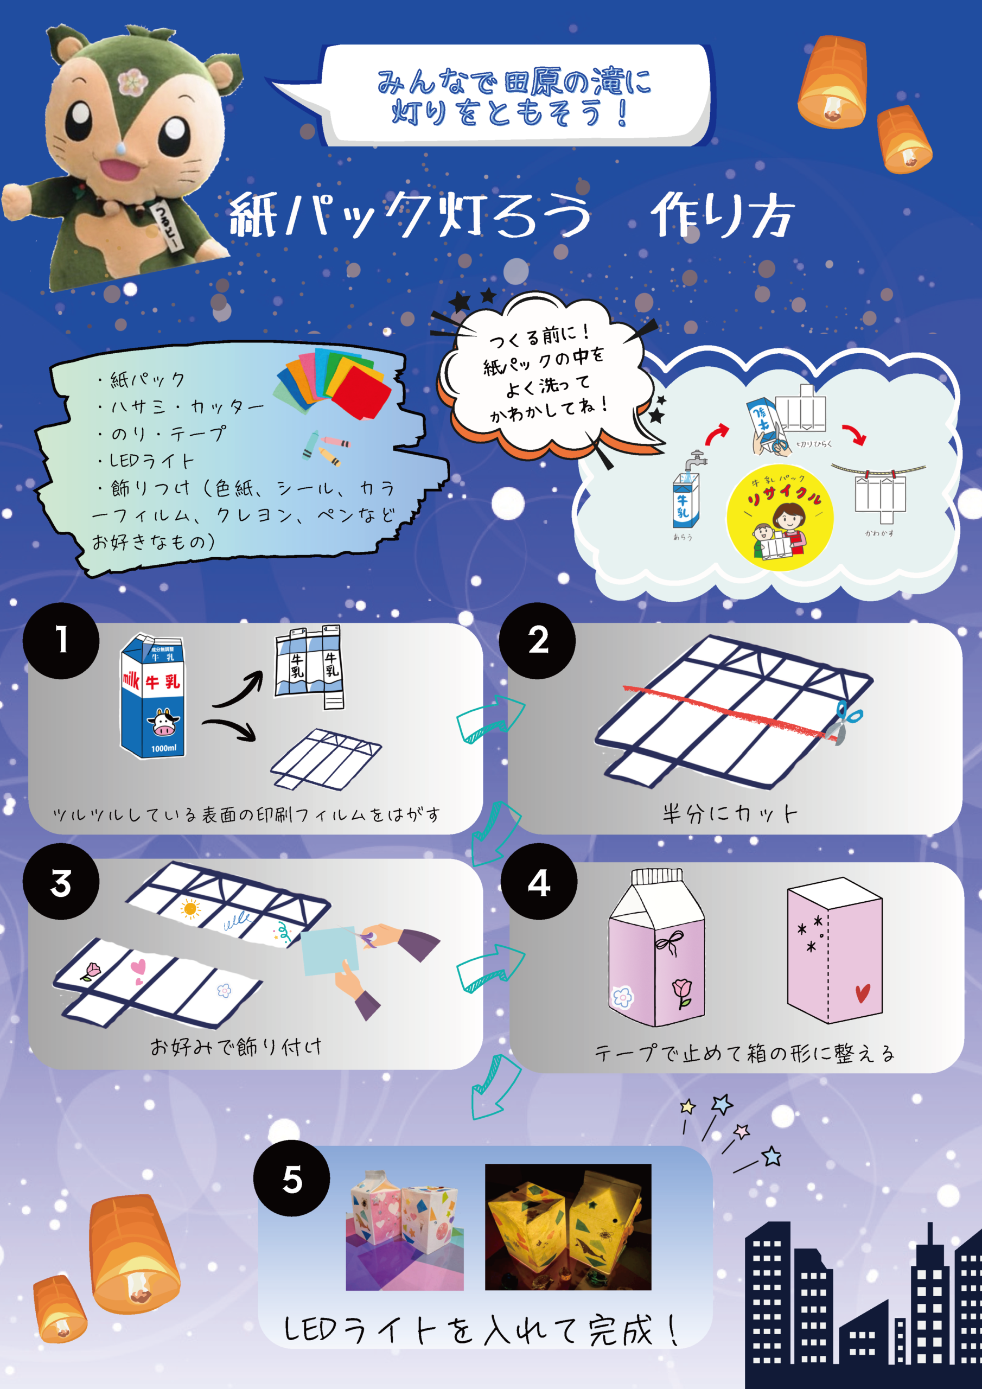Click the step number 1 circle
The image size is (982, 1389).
(x=61, y=640)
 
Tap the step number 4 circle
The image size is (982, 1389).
(x=539, y=883)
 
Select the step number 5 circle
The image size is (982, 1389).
(x=292, y=1179)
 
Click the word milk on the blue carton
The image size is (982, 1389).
(x=131, y=680)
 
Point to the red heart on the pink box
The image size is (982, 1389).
(x=862, y=993)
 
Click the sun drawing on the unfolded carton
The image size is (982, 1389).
(x=190, y=909)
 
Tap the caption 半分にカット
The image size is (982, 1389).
(x=730, y=814)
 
